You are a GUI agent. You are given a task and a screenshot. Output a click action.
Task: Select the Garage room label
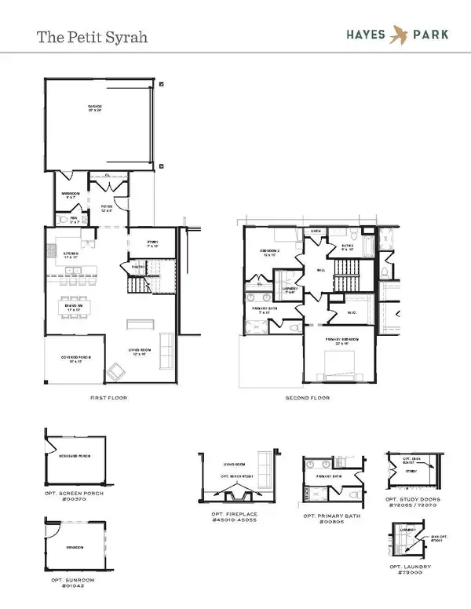pos(95,108)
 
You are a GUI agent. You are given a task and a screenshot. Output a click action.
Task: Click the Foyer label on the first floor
pos(107,209)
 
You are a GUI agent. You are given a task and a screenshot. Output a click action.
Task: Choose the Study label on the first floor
pos(153,243)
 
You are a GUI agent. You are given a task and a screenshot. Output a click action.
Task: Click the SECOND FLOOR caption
pos(309,398)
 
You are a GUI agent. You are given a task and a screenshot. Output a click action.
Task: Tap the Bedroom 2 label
pos(271,253)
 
